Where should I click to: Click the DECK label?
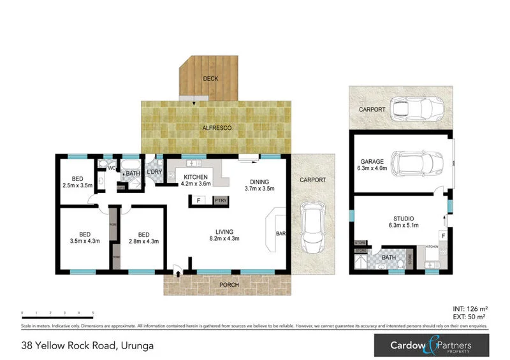click(210, 78)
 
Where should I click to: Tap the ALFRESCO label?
click(217, 128)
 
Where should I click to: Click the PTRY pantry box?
click(221, 201)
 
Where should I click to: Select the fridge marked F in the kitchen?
click(198, 201)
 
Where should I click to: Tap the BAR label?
click(280, 234)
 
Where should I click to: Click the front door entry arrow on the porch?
click(178, 273)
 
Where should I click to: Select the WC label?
click(111, 168)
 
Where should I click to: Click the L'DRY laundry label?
click(154, 173)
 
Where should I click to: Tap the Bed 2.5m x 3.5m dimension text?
click(78, 185)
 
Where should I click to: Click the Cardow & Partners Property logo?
click(432, 345)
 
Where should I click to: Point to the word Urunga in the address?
click(136, 346)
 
